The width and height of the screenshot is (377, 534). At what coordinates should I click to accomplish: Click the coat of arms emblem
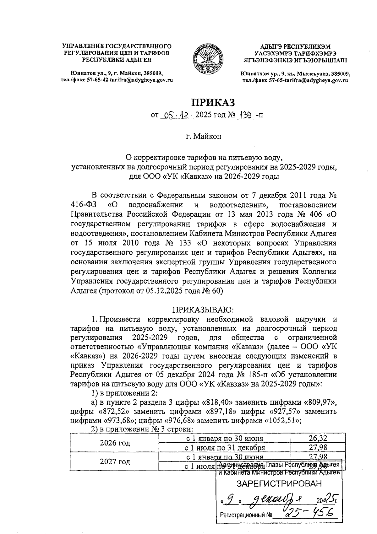point(208,59)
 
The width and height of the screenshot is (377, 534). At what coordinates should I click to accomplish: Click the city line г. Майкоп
point(203,137)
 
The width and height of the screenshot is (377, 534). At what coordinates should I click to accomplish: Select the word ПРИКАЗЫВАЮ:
point(203,310)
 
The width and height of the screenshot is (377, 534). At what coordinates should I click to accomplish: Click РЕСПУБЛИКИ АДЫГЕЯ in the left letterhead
point(117,60)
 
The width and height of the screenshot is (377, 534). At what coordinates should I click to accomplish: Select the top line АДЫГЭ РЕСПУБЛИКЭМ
point(295,46)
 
